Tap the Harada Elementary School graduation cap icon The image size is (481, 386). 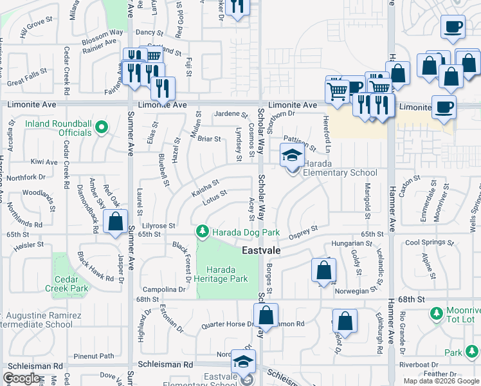[292, 155]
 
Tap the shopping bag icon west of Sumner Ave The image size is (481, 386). [115, 223]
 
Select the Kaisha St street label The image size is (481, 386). [206, 189]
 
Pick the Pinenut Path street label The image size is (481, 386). [93, 356]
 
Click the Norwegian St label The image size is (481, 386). [356, 291]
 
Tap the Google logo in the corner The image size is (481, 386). [22, 378]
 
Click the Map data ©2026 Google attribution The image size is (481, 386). [441, 381]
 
